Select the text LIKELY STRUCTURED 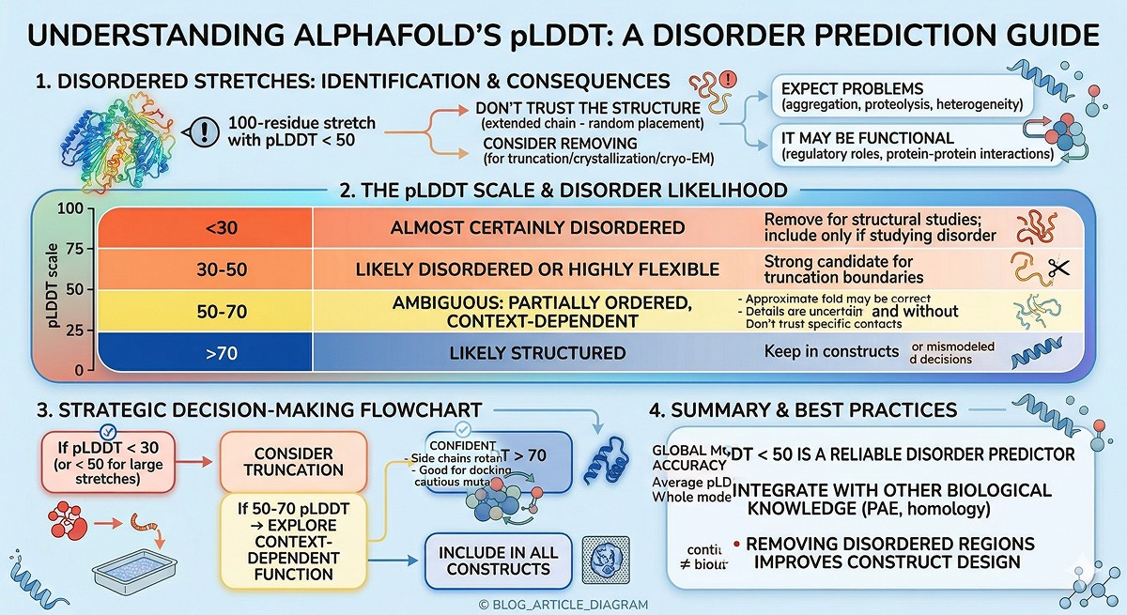537,353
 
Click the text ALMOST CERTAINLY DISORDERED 537,227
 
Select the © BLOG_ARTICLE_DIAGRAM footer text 563,605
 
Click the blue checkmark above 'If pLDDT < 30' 107,431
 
